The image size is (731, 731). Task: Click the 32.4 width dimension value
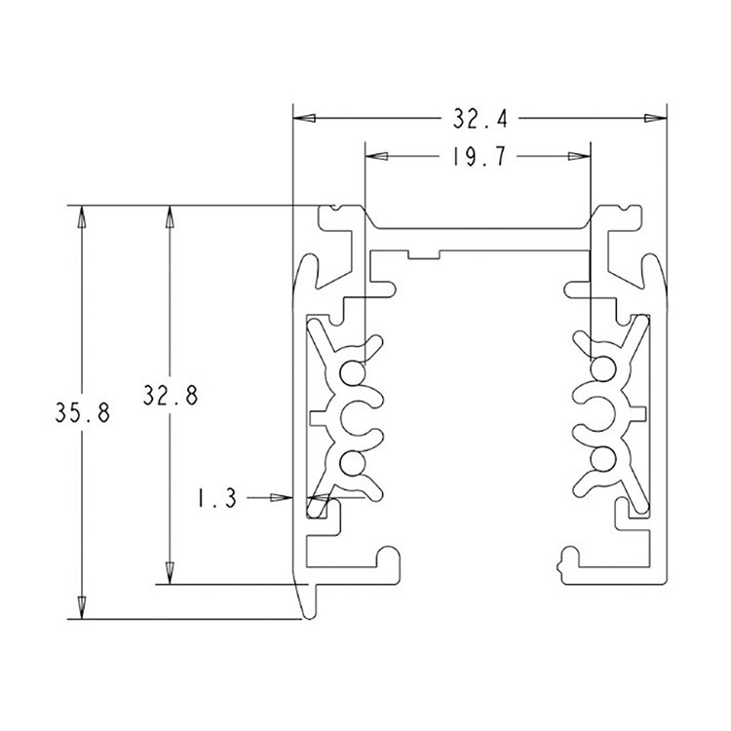(480, 119)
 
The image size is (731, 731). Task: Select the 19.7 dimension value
(480, 157)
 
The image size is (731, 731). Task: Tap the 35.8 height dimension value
(83, 412)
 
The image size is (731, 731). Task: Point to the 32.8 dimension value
(171, 395)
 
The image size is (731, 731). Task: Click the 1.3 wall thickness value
(216, 498)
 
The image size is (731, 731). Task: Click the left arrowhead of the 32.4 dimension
(304, 118)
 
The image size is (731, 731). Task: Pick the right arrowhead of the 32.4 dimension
(656, 118)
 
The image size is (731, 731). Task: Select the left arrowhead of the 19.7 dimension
(376, 156)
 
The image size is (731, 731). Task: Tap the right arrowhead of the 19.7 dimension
(579, 156)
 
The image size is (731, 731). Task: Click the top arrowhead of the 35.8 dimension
(82, 216)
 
